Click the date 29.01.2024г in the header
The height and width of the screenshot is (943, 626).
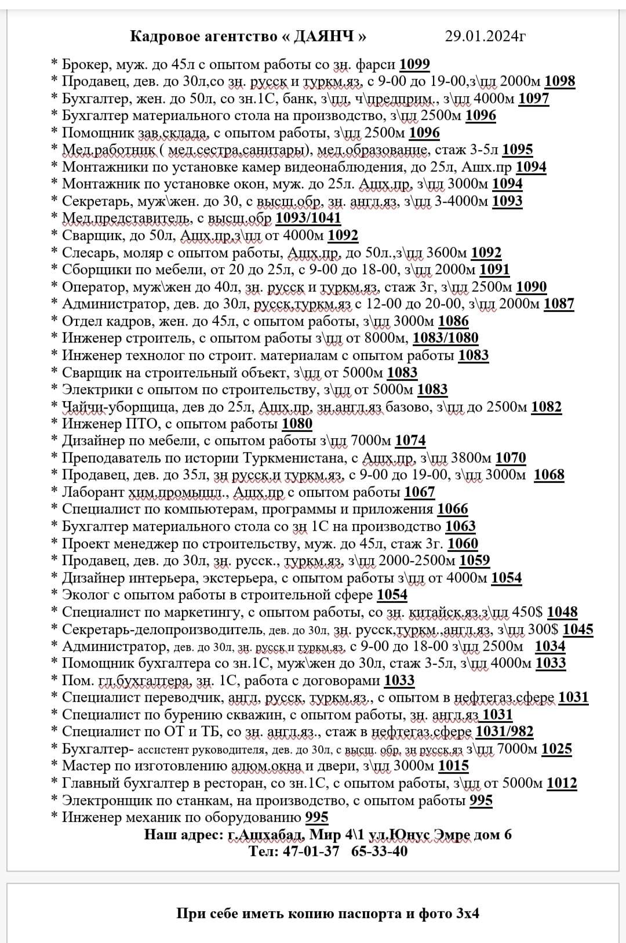point(485,37)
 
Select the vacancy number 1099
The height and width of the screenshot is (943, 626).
point(414,64)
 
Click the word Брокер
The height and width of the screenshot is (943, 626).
point(87,64)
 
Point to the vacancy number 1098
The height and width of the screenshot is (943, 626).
point(560,81)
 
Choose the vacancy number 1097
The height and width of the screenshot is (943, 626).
point(533,99)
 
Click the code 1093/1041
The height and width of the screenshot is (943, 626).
point(308,218)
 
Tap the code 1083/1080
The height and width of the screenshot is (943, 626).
point(445,338)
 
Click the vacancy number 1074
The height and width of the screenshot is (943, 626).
point(410,441)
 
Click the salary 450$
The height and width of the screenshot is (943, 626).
point(527,612)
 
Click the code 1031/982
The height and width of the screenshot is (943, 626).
point(504,732)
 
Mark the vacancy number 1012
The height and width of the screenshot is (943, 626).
point(562,784)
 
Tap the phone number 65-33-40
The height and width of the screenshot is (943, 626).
point(379,851)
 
